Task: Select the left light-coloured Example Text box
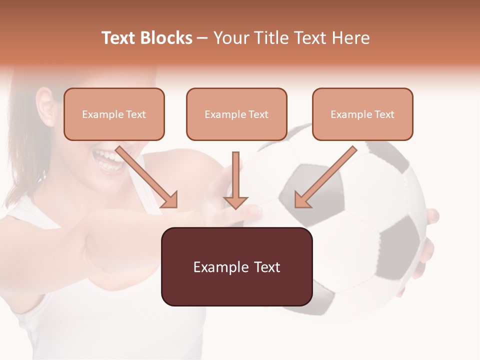point(114,114)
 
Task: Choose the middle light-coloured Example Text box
point(236,114)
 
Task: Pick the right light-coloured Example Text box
point(362,114)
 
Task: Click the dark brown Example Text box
point(236,266)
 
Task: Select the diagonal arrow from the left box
point(145,175)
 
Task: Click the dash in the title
point(202,38)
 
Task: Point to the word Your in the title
point(229,38)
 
